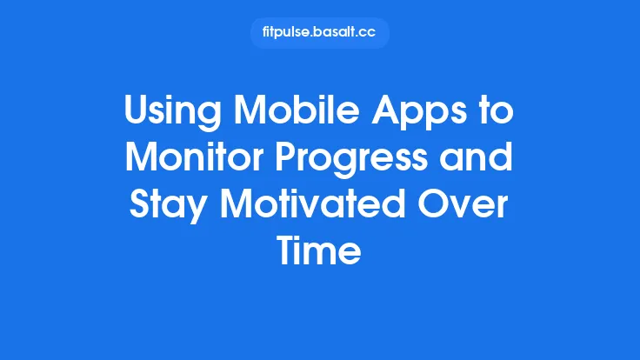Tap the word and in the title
(480, 161)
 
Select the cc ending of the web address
(372, 33)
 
